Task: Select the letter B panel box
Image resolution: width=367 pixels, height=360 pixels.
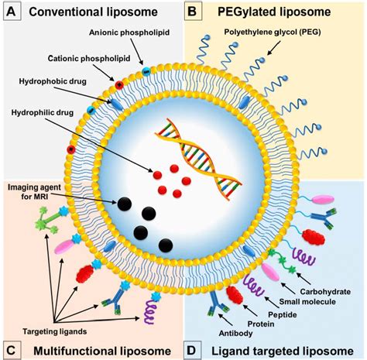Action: tap(197, 13)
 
